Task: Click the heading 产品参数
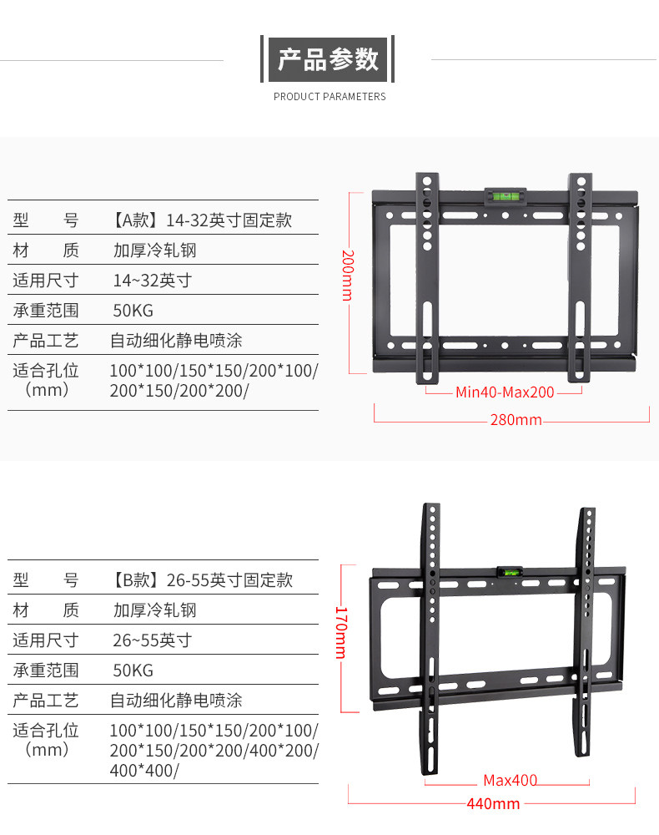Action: pyautogui.click(x=329, y=59)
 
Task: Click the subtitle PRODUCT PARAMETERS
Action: pyautogui.click(x=329, y=97)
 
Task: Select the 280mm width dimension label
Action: pyautogui.click(x=516, y=419)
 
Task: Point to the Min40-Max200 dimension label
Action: pyautogui.click(x=505, y=392)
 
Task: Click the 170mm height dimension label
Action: pyautogui.click(x=340, y=632)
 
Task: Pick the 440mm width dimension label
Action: pyautogui.click(x=493, y=804)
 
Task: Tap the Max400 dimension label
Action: pyautogui.click(x=511, y=782)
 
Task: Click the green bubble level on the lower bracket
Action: pyautogui.click(x=506, y=573)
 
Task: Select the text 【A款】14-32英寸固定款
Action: pyautogui.click(x=200, y=220)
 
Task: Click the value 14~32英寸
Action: pyautogui.click(x=153, y=281)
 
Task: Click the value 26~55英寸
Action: pyautogui.click(x=153, y=640)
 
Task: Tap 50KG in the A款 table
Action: pyautogui.click(x=133, y=311)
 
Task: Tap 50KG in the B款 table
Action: pyautogui.click(x=133, y=671)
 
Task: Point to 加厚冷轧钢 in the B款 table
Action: pyautogui.click(x=155, y=610)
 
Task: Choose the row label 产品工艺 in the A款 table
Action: pyautogui.click(x=46, y=341)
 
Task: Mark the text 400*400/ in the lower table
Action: pyautogui.click(x=144, y=771)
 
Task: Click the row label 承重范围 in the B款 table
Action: pyautogui.click(x=46, y=671)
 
